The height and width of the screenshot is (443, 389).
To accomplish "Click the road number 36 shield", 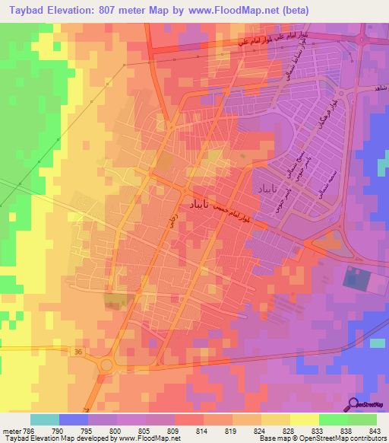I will [x=78, y=351].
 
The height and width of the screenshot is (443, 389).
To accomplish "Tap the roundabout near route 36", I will [x=106, y=365].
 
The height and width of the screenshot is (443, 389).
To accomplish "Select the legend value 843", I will [x=376, y=430].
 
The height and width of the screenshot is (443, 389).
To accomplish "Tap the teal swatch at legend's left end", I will [x=45, y=419].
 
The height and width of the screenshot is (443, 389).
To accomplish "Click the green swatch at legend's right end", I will [x=362, y=419].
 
